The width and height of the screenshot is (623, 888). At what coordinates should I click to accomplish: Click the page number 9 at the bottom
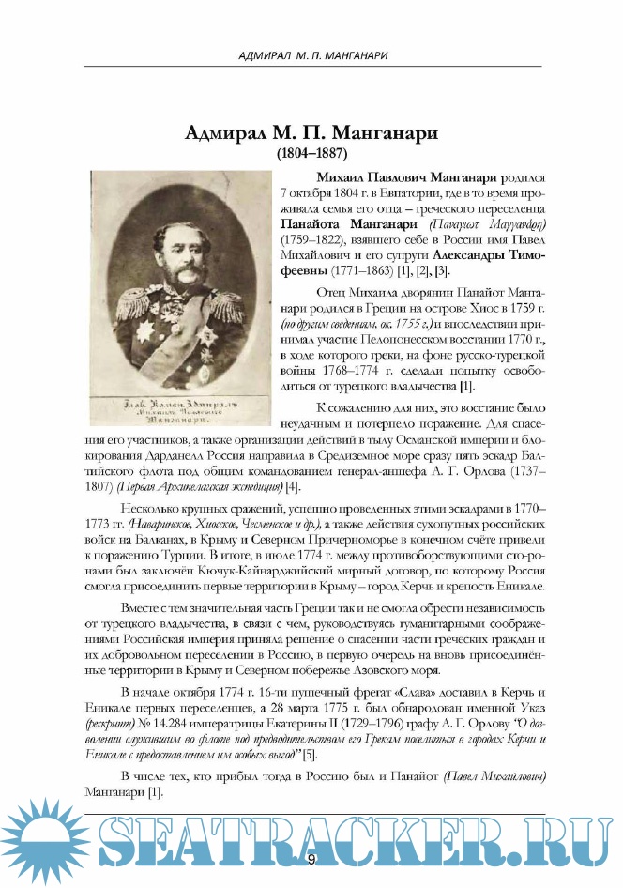[x=311, y=859]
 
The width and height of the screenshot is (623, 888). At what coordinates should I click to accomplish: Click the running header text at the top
[x=311, y=55]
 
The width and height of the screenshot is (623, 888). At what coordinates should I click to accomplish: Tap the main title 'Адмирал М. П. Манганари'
[x=311, y=131]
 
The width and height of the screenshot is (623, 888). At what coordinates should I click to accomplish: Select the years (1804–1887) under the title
[x=311, y=151]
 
